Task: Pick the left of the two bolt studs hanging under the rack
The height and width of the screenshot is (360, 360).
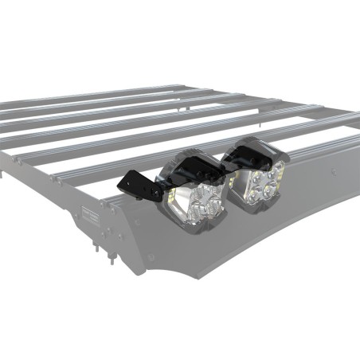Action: pos(98,247)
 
